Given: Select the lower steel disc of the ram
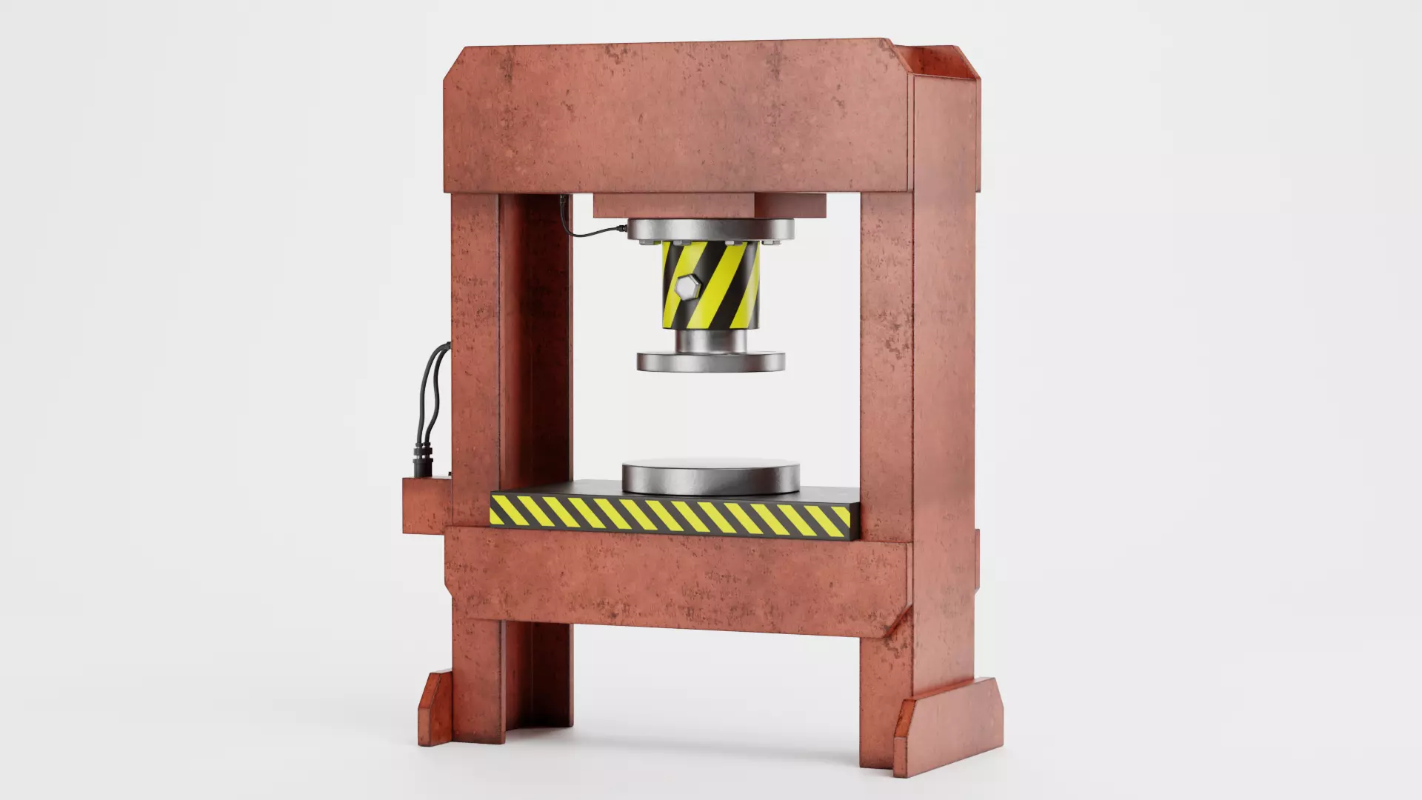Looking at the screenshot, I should pos(710,361).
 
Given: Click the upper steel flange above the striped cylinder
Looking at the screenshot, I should pos(710,230).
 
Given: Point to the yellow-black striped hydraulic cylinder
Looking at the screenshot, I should pos(711,285).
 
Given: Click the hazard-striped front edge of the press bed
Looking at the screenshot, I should pos(670,514).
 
